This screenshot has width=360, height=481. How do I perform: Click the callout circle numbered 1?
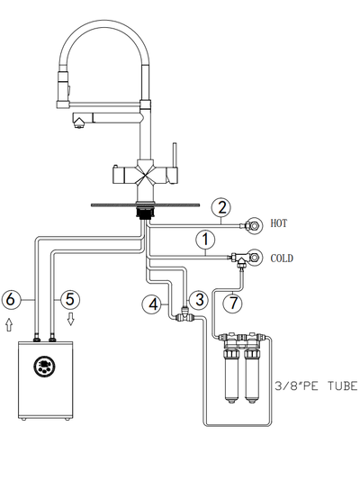[x=205, y=240]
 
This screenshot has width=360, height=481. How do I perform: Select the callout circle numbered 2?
[x=221, y=207]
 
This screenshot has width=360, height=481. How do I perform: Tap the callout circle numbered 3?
[x=199, y=299]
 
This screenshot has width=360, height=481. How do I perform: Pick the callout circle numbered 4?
[x=152, y=304]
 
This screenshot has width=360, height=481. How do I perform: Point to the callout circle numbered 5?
[x=70, y=299]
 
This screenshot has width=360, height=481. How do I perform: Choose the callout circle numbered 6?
[x=11, y=299]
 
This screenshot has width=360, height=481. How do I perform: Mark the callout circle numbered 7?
[x=233, y=303]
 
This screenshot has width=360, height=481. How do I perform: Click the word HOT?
[x=278, y=223]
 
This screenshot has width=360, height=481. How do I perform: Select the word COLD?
[x=282, y=259]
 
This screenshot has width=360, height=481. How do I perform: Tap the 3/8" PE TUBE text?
[x=316, y=386]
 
